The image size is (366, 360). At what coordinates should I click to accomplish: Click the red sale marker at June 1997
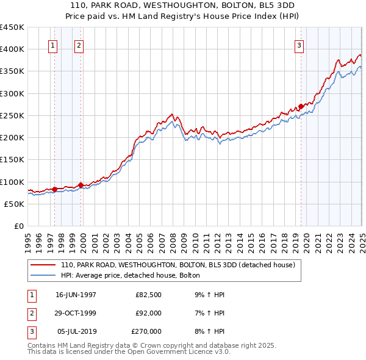coord(55,189)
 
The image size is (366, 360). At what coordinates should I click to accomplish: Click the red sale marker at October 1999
coord(81,185)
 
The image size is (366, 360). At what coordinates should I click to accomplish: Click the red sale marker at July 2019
coord(301,106)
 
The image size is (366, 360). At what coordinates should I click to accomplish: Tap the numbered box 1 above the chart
coord(53,45)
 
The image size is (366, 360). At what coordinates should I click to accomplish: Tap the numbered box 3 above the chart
coord(300,45)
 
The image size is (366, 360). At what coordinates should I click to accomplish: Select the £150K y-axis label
coord(12,159)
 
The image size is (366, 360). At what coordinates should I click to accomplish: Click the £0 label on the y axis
coord(18,226)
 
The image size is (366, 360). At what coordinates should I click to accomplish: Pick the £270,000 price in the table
coord(146,331)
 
